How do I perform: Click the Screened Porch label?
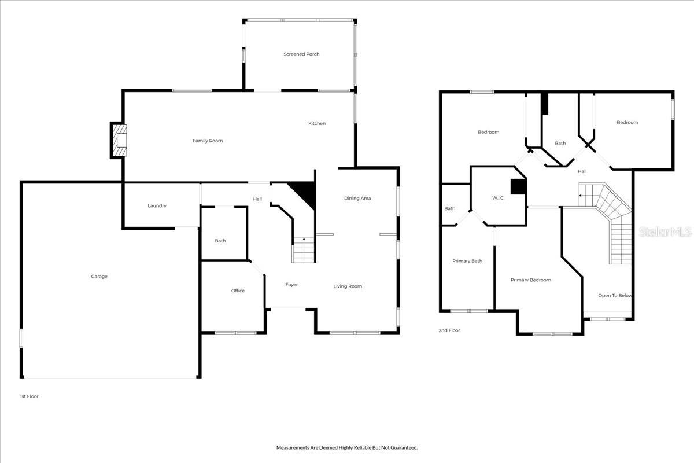click(x=301, y=54)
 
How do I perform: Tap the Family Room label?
click(x=208, y=141)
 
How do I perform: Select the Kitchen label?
click(x=317, y=123)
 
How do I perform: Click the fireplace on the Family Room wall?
click(x=119, y=140)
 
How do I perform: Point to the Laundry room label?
click(x=157, y=206)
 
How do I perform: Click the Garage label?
click(x=99, y=277)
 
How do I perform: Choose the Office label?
click(x=238, y=291)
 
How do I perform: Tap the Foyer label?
click(x=291, y=285)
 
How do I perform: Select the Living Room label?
click(x=348, y=286)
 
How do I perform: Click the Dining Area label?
click(x=357, y=199)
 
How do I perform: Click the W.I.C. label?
click(x=499, y=198)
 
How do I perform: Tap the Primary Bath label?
click(x=467, y=261)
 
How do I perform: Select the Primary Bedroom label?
click(x=531, y=280)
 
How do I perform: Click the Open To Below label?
click(x=615, y=296)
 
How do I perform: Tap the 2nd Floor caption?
click(x=449, y=330)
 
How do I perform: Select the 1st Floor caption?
click(x=29, y=396)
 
